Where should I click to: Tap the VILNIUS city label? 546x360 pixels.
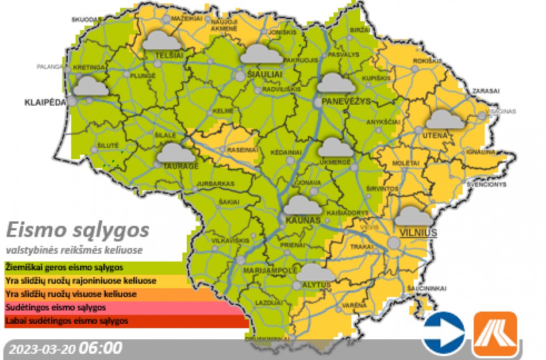[416, 233]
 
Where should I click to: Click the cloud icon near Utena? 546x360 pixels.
[445, 120]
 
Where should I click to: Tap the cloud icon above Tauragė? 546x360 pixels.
[176, 153]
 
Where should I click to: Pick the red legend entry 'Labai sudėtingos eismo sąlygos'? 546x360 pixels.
[67, 321]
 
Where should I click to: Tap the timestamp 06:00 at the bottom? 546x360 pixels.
[101, 348]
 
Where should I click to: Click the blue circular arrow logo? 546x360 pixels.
[443, 333]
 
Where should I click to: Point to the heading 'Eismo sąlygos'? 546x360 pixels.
[78, 231]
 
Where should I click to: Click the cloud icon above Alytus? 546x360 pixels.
[316, 273]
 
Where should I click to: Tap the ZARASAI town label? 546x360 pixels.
[486, 91]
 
